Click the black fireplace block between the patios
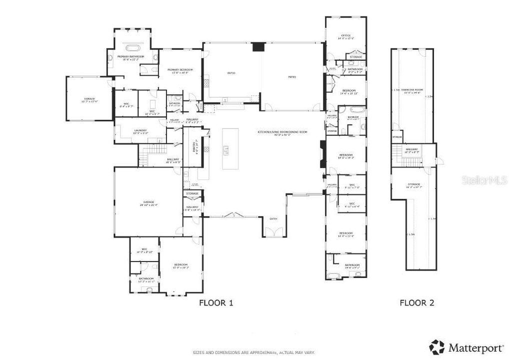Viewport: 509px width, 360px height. pos(258,47)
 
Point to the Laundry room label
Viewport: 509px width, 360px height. pos(140,131)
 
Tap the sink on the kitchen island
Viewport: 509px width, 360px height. pos(226,148)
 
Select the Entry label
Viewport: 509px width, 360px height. pos(273,219)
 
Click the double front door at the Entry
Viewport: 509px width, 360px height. pos(273,233)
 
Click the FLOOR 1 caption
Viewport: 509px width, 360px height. pos(216,302)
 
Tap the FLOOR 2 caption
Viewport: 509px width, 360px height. pos(417,302)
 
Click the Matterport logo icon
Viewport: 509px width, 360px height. pos(437,346)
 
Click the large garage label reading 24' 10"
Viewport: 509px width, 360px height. pos(148,203)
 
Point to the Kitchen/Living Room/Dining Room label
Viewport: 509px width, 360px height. pos(282,132)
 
